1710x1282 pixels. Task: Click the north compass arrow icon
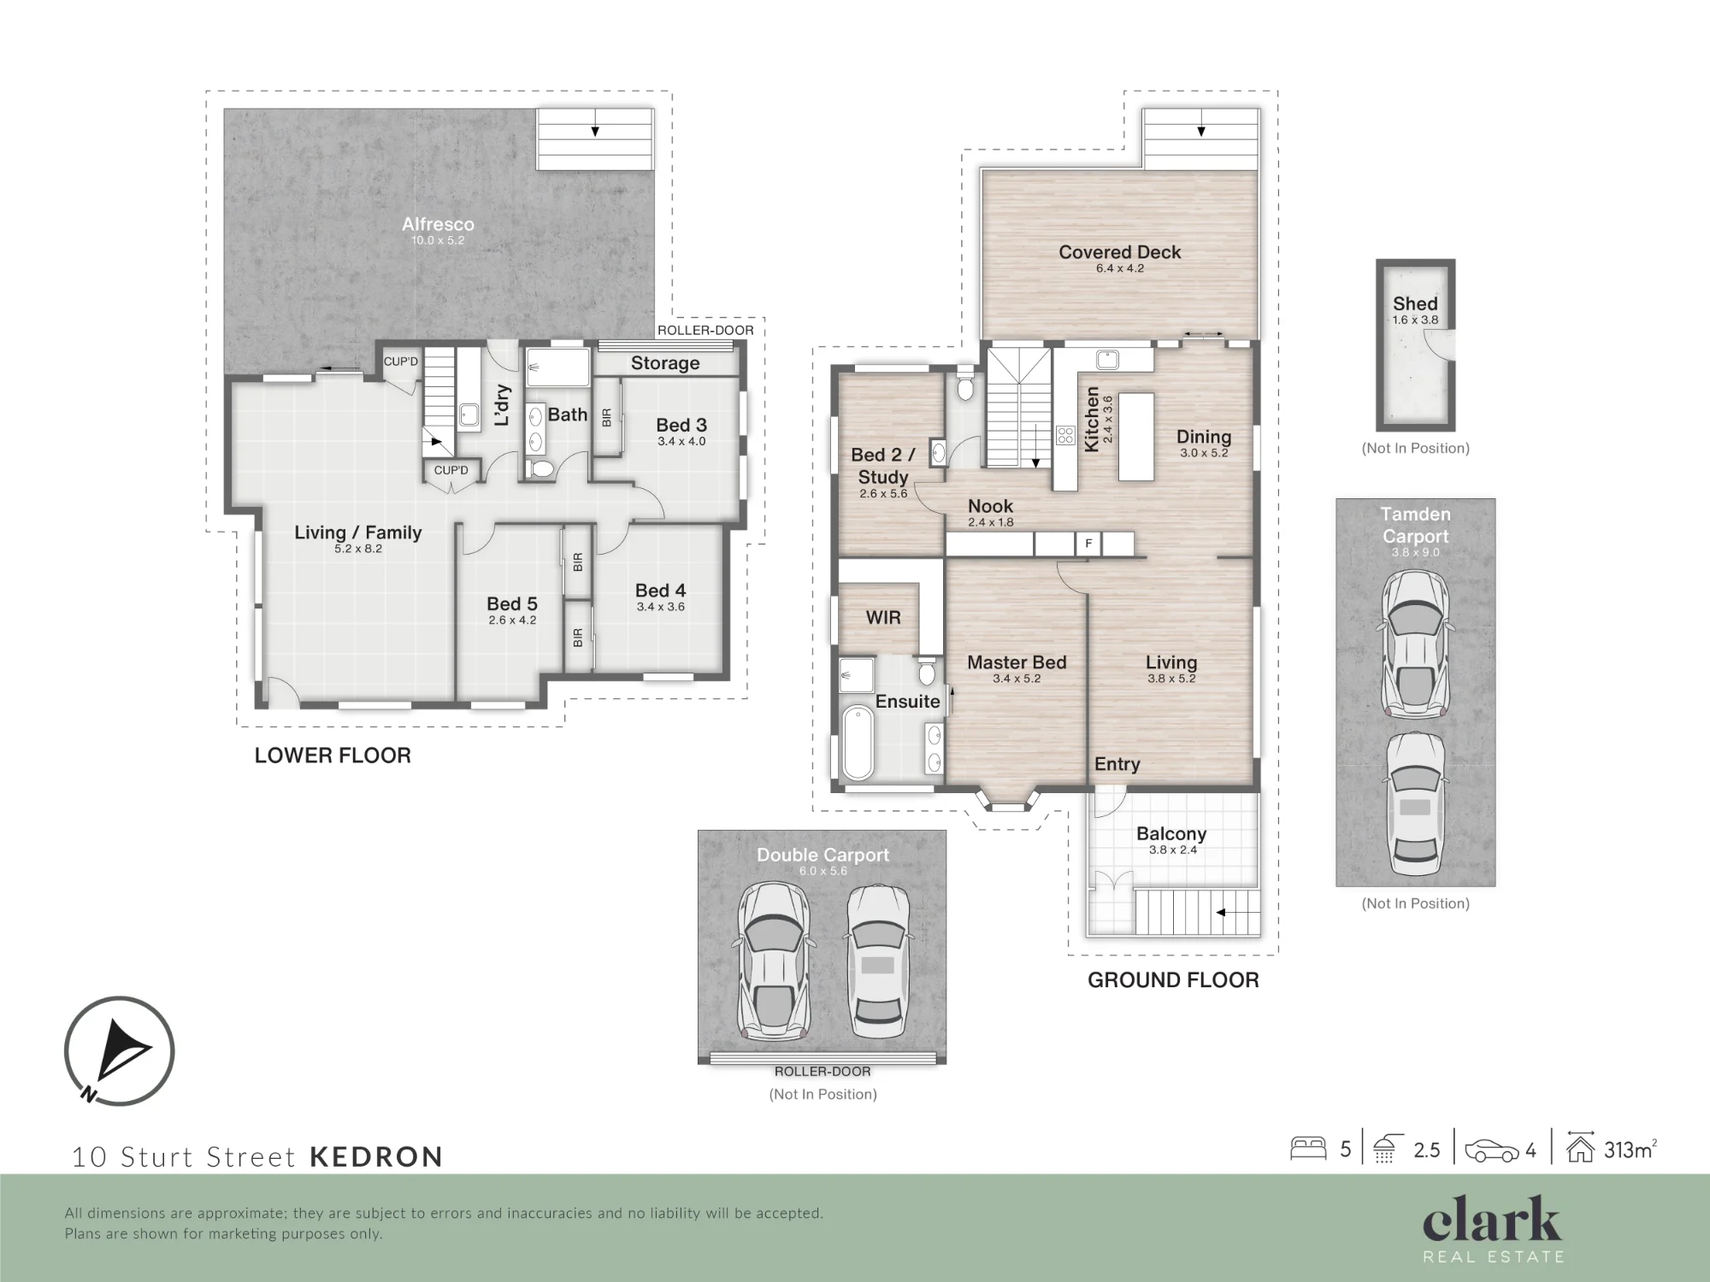tap(119, 1052)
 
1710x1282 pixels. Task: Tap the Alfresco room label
tap(438, 224)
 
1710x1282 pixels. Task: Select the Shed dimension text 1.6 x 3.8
tap(1415, 320)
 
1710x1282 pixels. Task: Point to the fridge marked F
tap(1088, 544)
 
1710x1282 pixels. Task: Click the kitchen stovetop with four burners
tap(1065, 436)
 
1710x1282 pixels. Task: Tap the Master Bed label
tap(1017, 662)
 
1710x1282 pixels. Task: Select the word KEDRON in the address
tap(376, 1156)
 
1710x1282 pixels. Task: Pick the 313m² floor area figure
tap(1630, 1150)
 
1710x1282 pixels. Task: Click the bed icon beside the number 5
tap(1308, 1148)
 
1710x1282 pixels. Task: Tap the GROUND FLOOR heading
tap(1173, 980)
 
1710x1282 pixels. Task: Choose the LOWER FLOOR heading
tap(333, 756)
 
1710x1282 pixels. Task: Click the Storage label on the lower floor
tap(665, 363)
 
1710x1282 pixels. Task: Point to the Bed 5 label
tap(512, 604)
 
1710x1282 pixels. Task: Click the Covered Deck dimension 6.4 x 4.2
tap(1120, 268)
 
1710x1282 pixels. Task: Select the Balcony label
tap(1171, 834)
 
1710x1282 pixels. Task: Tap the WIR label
tap(883, 617)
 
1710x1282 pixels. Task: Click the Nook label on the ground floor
tap(990, 506)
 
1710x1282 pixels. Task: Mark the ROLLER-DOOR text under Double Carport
tap(823, 1072)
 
